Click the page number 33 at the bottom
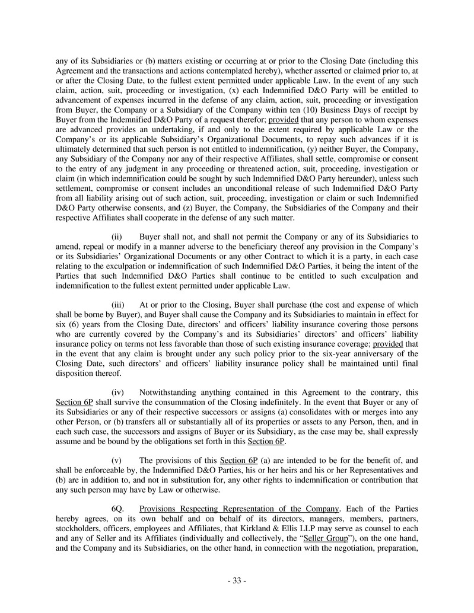pos(237,580)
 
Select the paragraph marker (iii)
pos(119,305)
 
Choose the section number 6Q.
pos(119,509)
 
